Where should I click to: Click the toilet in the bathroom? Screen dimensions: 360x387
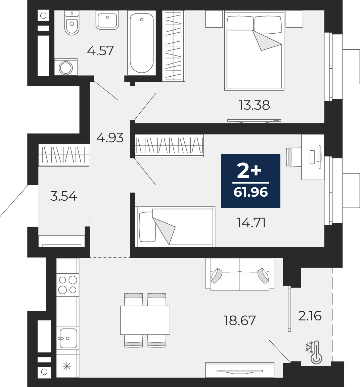[x=72, y=23]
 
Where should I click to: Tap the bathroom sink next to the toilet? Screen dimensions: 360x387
[x=107, y=20]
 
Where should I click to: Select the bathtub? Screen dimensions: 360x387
[x=141, y=43]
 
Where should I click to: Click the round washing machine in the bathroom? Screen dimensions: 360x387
[x=66, y=67]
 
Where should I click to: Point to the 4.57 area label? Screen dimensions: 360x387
[x=100, y=50]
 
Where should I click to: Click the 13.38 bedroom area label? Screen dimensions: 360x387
[x=254, y=105]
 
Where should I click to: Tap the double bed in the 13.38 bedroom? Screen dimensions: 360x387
[x=254, y=50]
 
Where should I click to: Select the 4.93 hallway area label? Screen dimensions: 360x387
[x=110, y=138]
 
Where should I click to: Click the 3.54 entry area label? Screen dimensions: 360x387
[x=63, y=196]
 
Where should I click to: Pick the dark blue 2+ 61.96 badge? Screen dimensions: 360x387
[x=251, y=181]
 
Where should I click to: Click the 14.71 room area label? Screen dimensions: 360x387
[x=251, y=223]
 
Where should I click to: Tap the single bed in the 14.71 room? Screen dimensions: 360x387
[x=175, y=227]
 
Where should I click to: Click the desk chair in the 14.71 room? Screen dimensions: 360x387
[x=294, y=157]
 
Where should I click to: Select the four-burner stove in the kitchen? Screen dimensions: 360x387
[x=67, y=284]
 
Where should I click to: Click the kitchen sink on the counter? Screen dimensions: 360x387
[x=67, y=338]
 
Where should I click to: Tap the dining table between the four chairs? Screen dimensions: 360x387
[x=145, y=320]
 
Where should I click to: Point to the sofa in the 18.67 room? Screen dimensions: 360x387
[x=240, y=274]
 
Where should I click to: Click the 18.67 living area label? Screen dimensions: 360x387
[x=240, y=321]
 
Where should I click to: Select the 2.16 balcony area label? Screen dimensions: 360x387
[x=310, y=316]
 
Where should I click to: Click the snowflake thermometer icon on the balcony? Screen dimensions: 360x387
[x=314, y=352]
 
